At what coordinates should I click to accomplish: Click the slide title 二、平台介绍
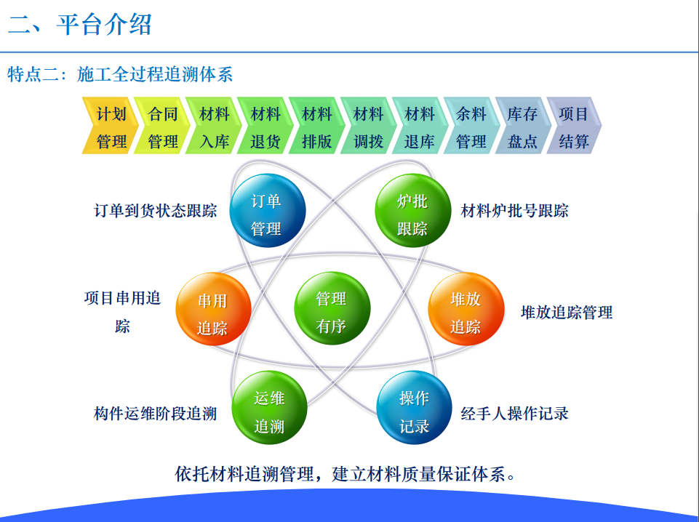[80, 25]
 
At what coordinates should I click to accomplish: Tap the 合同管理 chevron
[161, 126]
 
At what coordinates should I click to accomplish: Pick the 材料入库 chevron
[213, 126]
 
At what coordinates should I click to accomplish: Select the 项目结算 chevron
[574, 126]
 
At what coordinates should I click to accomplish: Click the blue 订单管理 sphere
[268, 210]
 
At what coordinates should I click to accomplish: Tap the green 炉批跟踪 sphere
[413, 210]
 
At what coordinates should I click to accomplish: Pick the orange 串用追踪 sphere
[214, 309]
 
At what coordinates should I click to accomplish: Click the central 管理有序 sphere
[332, 308]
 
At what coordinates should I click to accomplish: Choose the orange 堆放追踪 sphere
[466, 309]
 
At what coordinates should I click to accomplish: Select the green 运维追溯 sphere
[270, 408]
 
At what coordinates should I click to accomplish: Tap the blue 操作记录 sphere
[414, 408]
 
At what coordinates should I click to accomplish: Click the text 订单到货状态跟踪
[155, 211]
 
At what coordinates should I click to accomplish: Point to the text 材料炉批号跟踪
[514, 211]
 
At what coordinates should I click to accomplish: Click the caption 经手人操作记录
[514, 414]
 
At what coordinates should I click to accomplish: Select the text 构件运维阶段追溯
[155, 414]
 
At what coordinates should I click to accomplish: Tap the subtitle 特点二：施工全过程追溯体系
[120, 74]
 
